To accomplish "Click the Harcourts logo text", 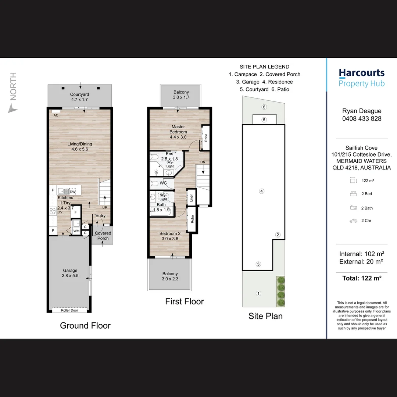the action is pos(362,73).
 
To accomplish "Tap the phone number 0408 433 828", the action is pos(362,118).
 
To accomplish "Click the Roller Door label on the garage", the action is pos(69,310).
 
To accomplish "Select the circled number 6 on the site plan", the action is pos(264,107).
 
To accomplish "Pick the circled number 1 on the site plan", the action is pos(258,293).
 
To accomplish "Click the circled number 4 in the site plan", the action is pos(262,191).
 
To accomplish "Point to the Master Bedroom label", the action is pos(178,129).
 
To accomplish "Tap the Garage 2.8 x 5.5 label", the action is pos(70,273).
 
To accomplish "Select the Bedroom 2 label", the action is pos(170,233).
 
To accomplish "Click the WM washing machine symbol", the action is pos(76,231).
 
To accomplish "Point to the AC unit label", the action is pos(56,115).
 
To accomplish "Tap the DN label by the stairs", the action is pos(203,162).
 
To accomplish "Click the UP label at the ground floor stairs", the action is pos(104,207).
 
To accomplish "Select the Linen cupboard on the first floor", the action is pos(191,197).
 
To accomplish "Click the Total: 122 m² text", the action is pos(362,278).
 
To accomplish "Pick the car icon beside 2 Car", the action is pos(353,221).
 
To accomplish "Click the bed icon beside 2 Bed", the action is pos(353,194).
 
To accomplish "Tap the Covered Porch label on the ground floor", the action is pos(103,236).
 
